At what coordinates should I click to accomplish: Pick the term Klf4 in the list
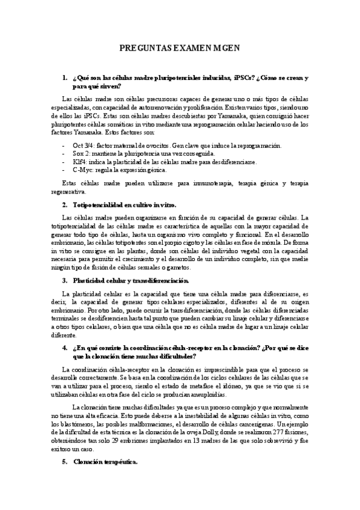[78, 162]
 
